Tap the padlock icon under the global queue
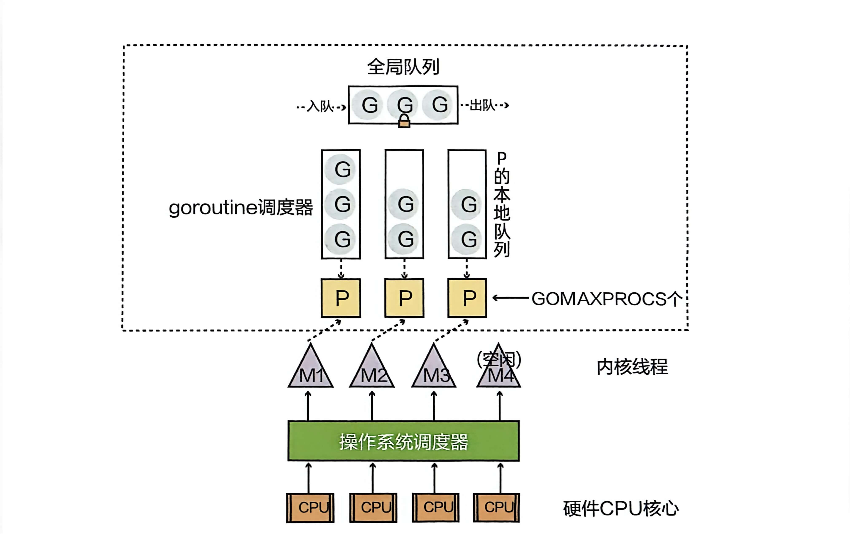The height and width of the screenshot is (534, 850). pos(404,121)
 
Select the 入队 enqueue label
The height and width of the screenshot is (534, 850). pos(320,106)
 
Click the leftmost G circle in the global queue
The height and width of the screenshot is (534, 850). pos(369,105)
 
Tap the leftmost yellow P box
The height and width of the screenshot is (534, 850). pos(341,298)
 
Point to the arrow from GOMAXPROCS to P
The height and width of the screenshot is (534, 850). pos(510,298)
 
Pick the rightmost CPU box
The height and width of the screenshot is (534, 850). pos(496,507)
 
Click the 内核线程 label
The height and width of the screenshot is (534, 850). pos(632,367)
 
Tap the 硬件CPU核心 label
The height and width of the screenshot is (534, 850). pos(620,508)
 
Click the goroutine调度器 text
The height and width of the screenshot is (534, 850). pos(241,207)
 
